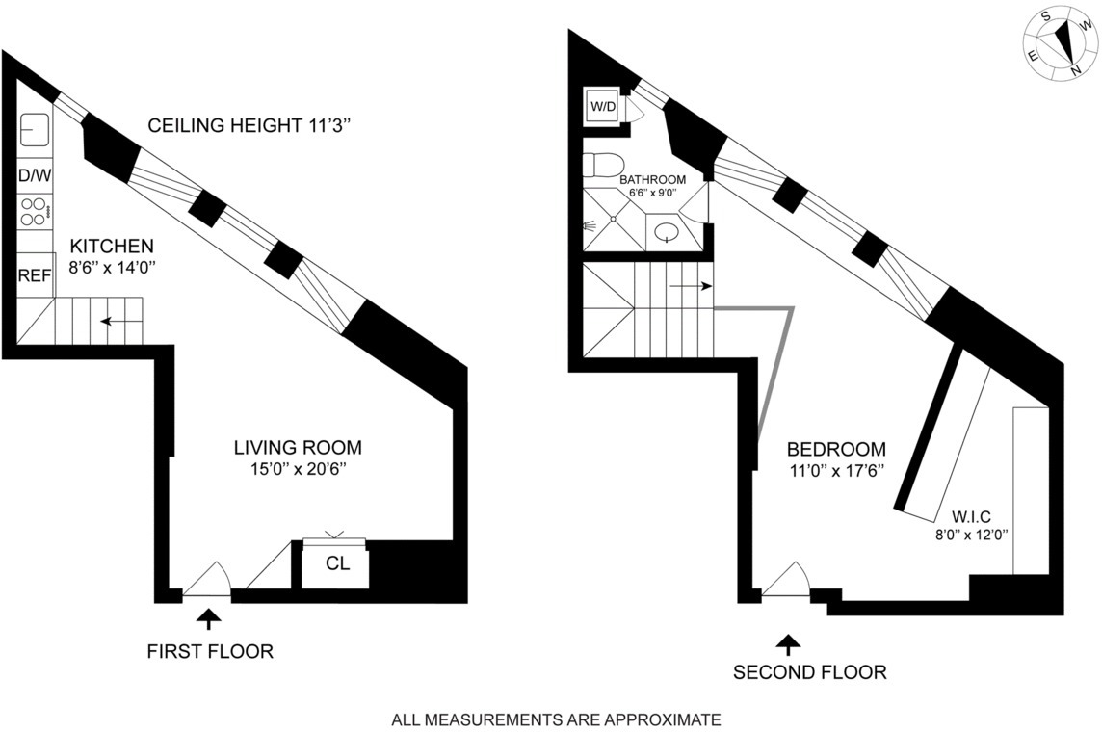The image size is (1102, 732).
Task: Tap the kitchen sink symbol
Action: pos(35,130)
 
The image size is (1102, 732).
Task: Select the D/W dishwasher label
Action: pos(35,175)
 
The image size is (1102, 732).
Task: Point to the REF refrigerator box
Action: pos(35,276)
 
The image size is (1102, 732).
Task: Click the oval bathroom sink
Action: pos(666,231)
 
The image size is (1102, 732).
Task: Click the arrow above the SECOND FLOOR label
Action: pos(789,642)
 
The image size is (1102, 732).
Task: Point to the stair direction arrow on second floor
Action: pos(691,286)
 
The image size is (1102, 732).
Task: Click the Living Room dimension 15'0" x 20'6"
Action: pos(298,470)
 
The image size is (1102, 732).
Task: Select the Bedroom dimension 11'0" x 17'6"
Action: pos(836,472)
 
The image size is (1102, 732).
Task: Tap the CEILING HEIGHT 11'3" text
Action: pos(254,125)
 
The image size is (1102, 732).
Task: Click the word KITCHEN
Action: pos(99,247)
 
